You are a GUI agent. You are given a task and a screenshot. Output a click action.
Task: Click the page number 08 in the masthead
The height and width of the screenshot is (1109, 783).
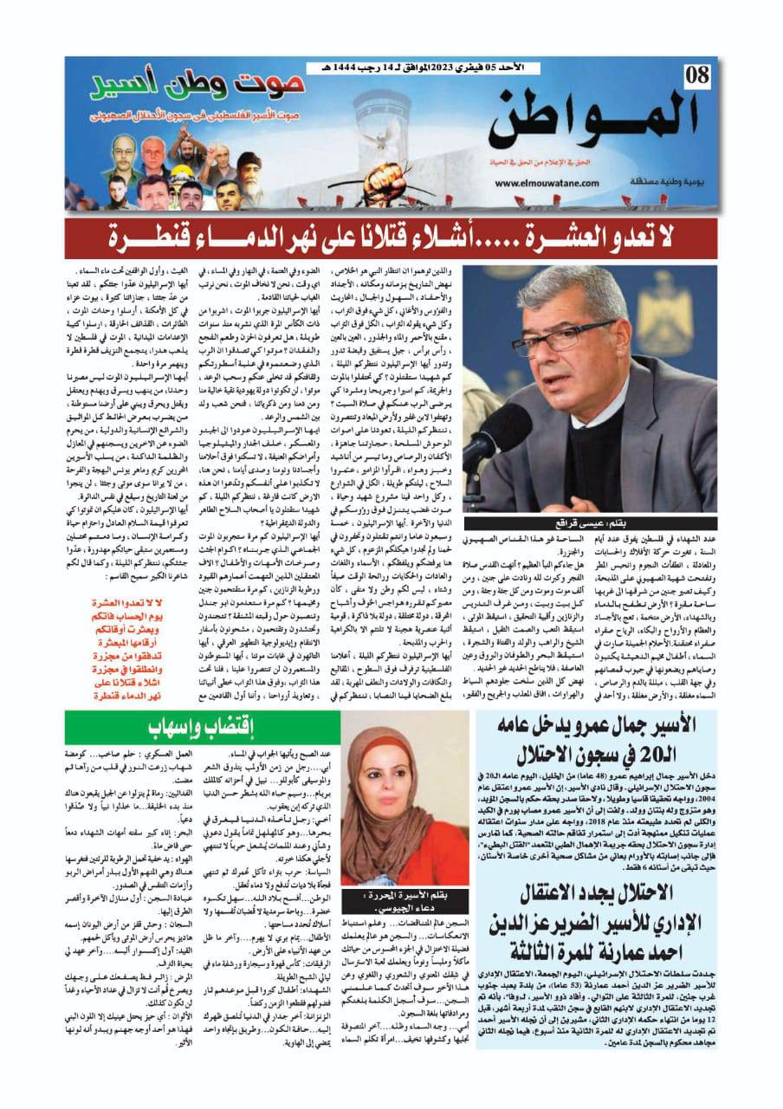(x=696, y=77)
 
